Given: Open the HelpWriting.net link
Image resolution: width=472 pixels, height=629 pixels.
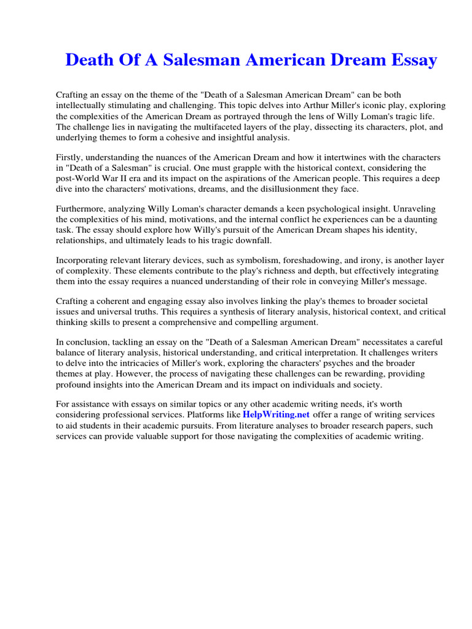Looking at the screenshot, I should (276, 415).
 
